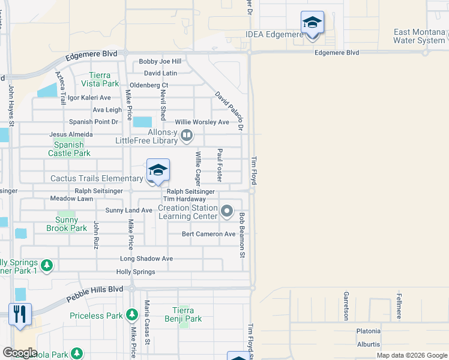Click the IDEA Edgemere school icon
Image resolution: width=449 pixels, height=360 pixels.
[x=312, y=23]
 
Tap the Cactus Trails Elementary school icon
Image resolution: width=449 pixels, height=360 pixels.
[x=158, y=171]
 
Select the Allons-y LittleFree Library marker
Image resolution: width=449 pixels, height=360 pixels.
[x=187, y=136]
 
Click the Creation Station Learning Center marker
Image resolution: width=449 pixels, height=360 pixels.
[x=227, y=211]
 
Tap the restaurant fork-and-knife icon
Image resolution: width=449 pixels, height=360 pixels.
[x=20, y=313]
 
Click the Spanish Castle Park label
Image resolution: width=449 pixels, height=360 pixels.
[x=69, y=149]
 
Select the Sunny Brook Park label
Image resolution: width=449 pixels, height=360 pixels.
[x=67, y=224]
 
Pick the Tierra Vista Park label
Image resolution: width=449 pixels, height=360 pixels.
[x=100, y=79]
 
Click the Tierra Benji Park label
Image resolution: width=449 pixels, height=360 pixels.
[x=183, y=314]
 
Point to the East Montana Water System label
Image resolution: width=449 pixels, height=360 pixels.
[x=420, y=36]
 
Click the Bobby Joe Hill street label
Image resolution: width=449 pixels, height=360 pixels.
[x=160, y=61]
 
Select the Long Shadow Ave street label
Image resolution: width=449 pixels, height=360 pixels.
[x=146, y=259]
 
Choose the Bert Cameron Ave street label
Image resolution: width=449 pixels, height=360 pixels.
[x=209, y=234]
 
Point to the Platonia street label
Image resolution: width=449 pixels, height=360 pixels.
[x=369, y=331]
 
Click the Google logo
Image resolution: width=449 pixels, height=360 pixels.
[x=20, y=353]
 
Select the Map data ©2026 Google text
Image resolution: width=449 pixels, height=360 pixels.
[x=412, y=355]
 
